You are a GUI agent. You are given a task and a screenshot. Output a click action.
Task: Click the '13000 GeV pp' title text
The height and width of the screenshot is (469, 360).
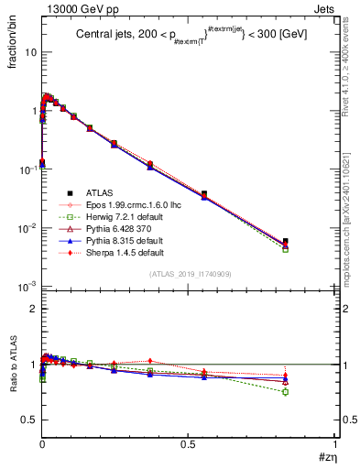click(x=75, y=9)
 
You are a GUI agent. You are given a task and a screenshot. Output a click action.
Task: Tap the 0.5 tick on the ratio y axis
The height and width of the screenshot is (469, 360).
click(x=28, y=420)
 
